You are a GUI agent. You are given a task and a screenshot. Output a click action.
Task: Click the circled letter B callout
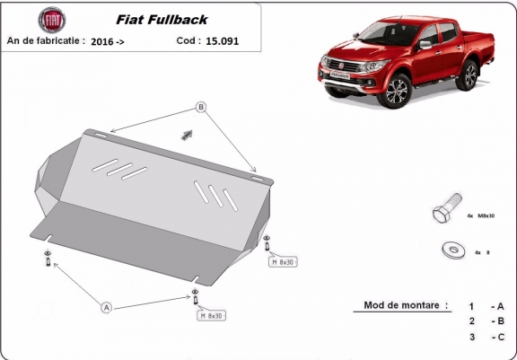tap(201, 108)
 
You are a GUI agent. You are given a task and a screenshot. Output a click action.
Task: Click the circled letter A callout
tap(107, 308)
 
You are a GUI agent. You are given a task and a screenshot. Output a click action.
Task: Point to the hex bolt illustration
tap(446, 214)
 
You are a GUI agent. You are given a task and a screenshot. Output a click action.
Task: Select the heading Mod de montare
tap(406, 305)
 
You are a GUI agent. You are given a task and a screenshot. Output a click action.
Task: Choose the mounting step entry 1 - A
tap(486, 305)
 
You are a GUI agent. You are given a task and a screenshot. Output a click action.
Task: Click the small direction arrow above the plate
tap(187, 135)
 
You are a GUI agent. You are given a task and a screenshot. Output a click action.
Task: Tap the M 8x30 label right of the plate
tap(283, 261)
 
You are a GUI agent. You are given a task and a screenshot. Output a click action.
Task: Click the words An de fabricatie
tap(46, 40)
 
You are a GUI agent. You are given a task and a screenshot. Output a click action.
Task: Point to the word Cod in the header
tap(188, 40)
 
